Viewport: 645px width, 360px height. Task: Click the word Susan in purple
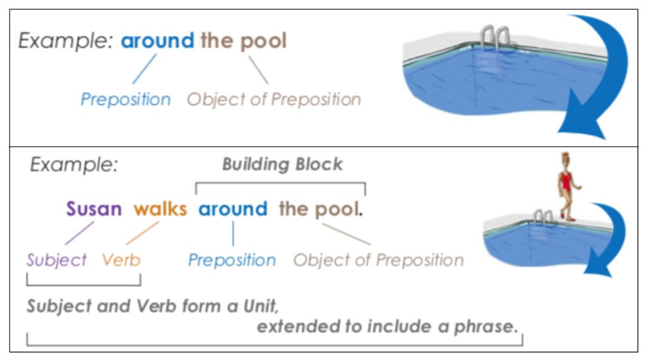pyautogui.click(x=94, y=208)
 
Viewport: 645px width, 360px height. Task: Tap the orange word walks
pyautogui.click(x=161, y=208)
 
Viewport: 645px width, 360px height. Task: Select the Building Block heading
pyautogui.click(x=282, y=164)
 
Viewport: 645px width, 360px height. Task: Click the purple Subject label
pyautogui.click(x=57, y=260)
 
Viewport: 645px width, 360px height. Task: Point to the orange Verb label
pyautogui.click(x=121, y=260)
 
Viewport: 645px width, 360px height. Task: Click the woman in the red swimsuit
pyautogui.click(x=568, y=186)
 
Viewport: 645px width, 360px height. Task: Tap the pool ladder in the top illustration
pyautogui.click(x=496, y=39)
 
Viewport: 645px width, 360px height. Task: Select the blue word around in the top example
pyautogui.click(x=157, y=40)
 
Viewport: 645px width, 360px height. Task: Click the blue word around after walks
pyautogui.click(x=233, y=208)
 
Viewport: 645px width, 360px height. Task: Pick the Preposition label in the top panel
pyautogui.click(x=125, y=99)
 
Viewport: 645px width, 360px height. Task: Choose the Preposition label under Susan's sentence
pyautogui.click(x=232, y=260)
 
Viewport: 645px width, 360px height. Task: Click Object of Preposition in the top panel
pyautogui.click(x=274, y=99)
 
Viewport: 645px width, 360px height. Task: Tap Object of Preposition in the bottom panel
pyautogui.click(x=378, y=260)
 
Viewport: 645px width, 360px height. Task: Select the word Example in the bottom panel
pyautogui.click(x=74, y=165)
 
